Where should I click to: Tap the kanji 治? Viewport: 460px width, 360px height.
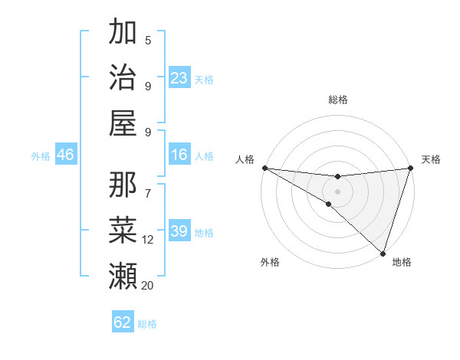pyautogui.click(x=123, y=77)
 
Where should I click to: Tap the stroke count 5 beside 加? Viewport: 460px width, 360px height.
pyautogui.click(x=148, y=40)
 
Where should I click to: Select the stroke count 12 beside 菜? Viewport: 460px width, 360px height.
pyautogui.click(x=148, y=240)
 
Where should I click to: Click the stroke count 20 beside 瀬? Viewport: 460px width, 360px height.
pyautogui.click(x=148, y=286)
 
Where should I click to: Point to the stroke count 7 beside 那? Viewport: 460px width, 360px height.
pyautogui.click(x=148, y=185)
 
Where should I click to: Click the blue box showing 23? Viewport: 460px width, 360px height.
pyautogui.click(x=179, y=77)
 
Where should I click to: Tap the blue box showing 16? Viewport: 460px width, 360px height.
pyautogui.click(x=179, y=155)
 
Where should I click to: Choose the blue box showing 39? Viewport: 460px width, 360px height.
pyautogui.click(x=179, y=231)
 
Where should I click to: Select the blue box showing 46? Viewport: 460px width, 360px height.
pyautogui.click(x=66, y=155)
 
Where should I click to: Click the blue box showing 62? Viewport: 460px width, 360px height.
pyautogui.click(x=123, y=322)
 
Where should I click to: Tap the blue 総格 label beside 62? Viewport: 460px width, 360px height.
pyautogui.click(x=148, y=324)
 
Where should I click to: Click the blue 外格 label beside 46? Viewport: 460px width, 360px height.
pyautogui.click(x=41, y=156)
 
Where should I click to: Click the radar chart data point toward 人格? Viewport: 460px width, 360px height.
pyautogui.click(x=264, y=168)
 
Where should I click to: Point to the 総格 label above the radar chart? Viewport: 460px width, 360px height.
pyautogui.click(x=337, y=100)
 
